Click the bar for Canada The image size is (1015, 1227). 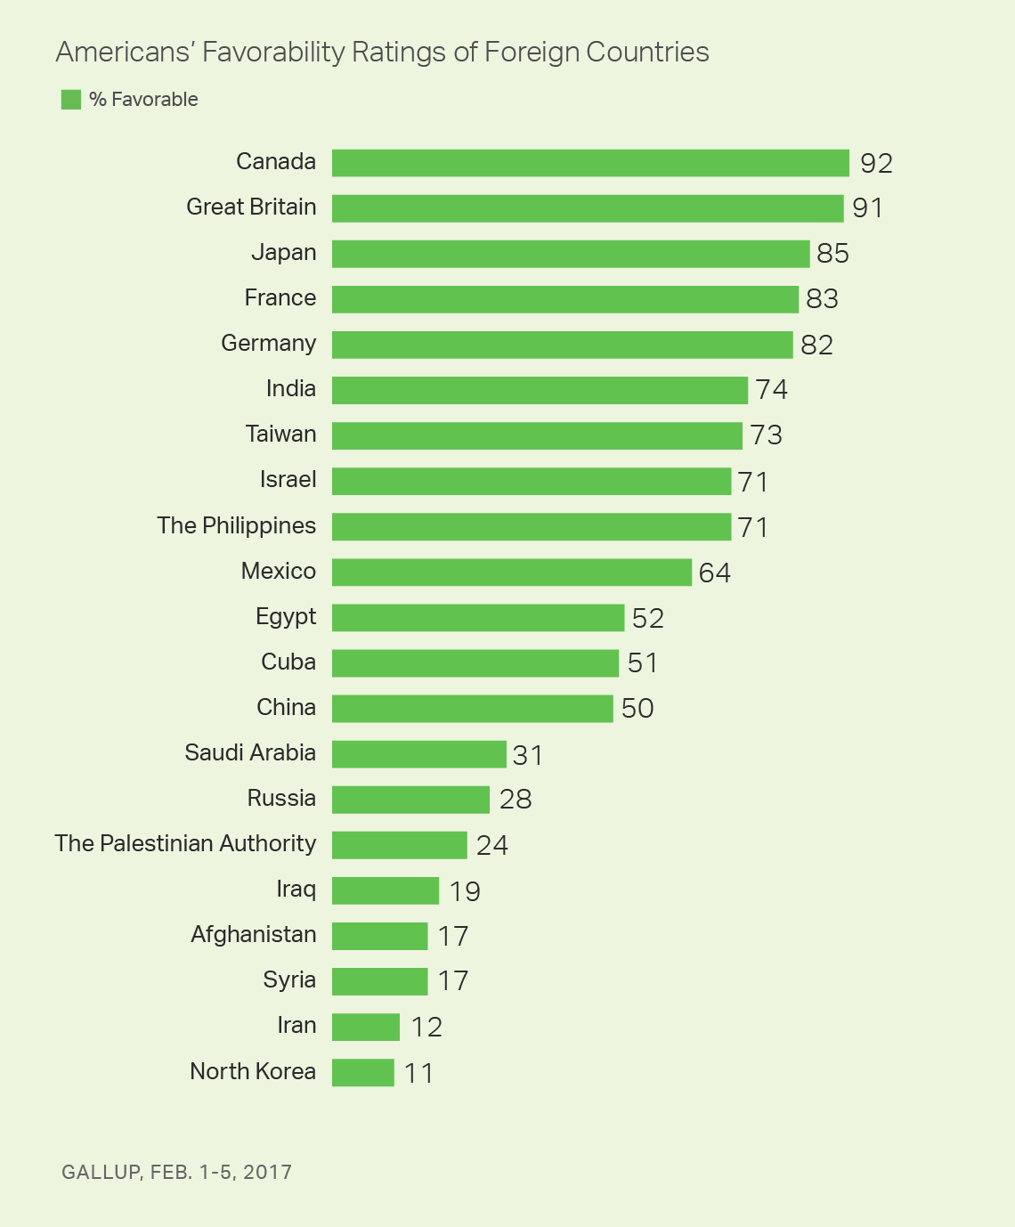590,163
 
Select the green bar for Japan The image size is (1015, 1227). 571,254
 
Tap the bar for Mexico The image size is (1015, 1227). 512,572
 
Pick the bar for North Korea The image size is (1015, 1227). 363,1072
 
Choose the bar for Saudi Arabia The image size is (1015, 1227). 419,754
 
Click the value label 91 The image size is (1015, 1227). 867,208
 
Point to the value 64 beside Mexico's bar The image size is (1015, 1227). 715,573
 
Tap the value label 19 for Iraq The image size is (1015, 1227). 465,891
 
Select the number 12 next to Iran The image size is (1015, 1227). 426,1028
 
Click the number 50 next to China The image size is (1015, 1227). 637,709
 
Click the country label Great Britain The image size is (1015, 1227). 251,207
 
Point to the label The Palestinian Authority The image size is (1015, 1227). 185,843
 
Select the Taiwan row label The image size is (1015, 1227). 280,435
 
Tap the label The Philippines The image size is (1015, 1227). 236,525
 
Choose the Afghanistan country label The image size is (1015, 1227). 253,934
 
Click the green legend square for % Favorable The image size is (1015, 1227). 71,100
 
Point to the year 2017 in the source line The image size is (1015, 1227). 267,1172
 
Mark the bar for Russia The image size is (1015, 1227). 410,800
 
